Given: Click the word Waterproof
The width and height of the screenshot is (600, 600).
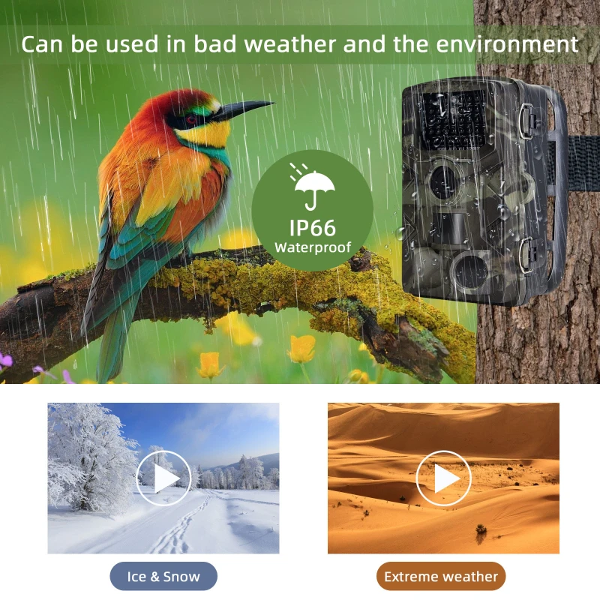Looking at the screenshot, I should (x=312, y=247).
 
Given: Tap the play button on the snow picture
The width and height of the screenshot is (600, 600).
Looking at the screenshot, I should (x=163, y=478).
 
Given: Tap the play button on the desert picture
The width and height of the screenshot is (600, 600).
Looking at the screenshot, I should (x=443, y=478).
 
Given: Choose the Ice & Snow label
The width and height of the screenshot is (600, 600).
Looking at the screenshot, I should (x=163, y=576).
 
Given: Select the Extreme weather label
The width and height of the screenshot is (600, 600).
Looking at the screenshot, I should (x=441, y=576).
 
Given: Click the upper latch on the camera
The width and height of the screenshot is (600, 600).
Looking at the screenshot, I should (x=526, y=119).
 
